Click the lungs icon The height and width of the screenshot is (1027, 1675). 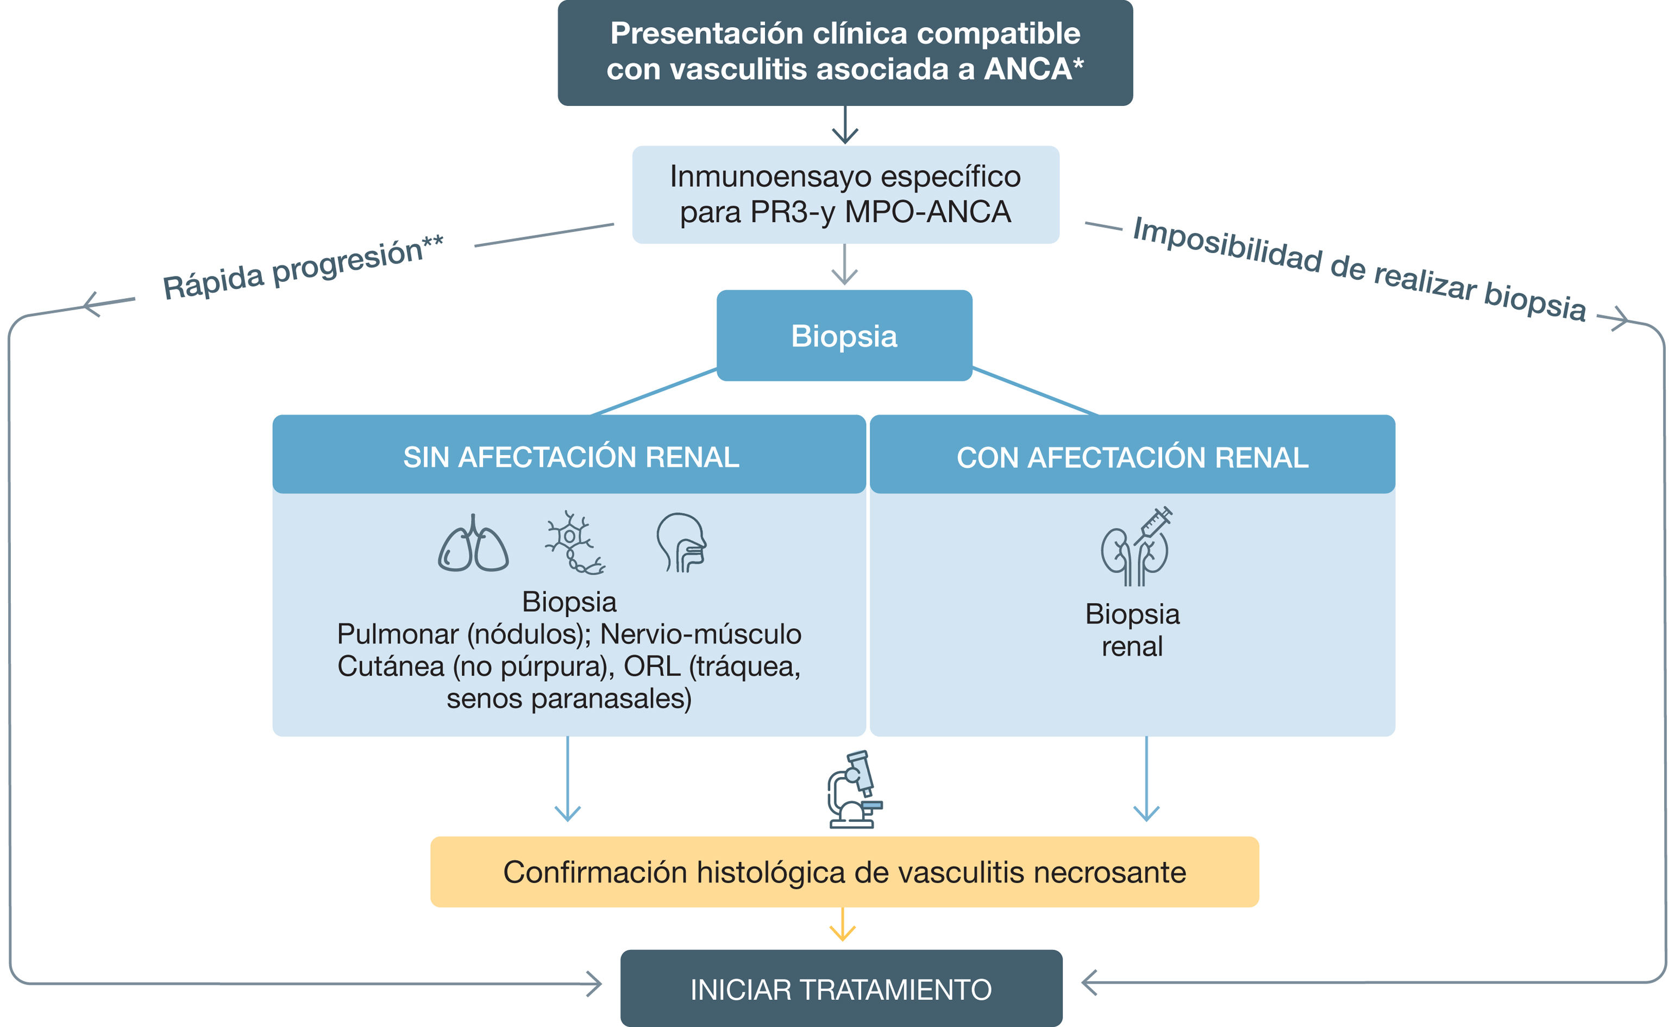(473, 544)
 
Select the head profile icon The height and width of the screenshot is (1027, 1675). (681, 543)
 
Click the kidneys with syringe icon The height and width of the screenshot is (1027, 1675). (1136, 547)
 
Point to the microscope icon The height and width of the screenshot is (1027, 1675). (854, 789)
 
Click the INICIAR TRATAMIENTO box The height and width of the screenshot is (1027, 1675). (841, 989)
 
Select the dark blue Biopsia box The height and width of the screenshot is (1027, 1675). (844, 336)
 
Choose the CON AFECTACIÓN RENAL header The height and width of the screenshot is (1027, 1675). (1133, 457)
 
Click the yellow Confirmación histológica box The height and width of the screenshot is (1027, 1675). (844, 872)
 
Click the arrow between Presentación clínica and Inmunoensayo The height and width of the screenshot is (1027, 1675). (844, 126)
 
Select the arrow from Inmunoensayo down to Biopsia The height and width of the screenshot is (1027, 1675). (844, 266)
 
